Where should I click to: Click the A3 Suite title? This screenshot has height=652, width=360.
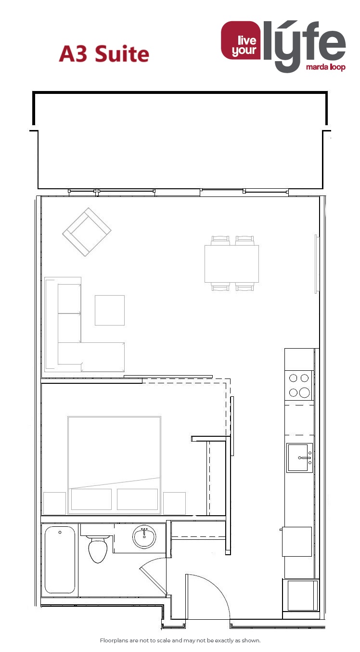[104, 54]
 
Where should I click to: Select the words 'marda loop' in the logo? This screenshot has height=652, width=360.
[326, 67]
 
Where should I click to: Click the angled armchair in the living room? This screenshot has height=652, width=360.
[87, 232]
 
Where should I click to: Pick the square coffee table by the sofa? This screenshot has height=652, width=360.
[110, 310]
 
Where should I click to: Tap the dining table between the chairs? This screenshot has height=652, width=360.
[231, 264]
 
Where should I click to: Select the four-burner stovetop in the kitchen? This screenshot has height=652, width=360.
[299, 385]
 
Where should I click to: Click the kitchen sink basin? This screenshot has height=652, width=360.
[299, 457]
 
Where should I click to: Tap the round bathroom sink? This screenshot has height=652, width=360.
[144, 536]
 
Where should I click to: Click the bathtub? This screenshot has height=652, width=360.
[60, 560]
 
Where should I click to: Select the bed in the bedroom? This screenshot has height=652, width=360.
[114, 465]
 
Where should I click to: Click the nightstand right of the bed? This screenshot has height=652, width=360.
[174, 503]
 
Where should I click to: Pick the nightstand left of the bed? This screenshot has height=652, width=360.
[55, 503]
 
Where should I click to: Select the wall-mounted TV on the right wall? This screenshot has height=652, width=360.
[316, 264]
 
